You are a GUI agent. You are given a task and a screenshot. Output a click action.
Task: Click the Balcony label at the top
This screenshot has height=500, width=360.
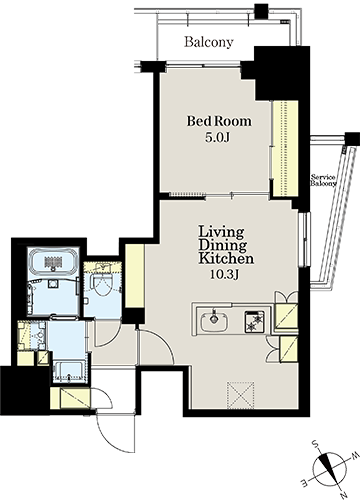coord(209,42)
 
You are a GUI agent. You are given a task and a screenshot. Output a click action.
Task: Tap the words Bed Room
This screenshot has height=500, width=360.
coord(219,121)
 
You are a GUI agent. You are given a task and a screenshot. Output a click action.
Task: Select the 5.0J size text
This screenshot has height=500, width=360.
coord(217,138)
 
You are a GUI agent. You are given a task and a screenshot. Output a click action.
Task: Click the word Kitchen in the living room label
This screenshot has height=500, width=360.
coord(226,258)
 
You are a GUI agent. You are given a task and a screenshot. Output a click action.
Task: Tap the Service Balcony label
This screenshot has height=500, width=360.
coord(323,180)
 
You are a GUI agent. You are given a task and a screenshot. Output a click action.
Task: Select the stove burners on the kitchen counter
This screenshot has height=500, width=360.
coord(255,322)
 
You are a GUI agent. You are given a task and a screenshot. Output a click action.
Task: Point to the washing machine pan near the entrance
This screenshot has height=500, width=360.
coord(69,372)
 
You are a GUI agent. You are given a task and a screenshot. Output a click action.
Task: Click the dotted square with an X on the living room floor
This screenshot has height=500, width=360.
coord(240,395)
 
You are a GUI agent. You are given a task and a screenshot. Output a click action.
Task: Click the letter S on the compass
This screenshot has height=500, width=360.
coord(314,444)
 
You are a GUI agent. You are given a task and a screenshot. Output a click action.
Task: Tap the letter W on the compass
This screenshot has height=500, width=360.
coord(355,455)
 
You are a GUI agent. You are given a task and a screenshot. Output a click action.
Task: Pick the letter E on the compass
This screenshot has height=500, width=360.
coord(305,482)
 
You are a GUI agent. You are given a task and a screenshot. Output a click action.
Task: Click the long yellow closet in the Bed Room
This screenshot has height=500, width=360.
coord(285,149)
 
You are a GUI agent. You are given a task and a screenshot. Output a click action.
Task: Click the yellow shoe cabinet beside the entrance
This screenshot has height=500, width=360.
coord(70,398)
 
